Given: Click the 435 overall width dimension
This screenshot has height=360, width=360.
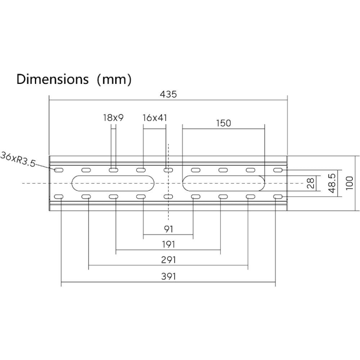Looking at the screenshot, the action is point(168,94).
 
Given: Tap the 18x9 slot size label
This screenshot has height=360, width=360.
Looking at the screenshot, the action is point(113,118).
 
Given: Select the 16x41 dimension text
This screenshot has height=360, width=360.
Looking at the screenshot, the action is point(154,118).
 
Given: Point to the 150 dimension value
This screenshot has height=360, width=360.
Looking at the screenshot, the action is point(223,123).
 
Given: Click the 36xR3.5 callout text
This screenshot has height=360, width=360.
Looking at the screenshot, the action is point(18,159).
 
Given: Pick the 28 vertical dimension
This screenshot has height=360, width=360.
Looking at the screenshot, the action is point(311,183).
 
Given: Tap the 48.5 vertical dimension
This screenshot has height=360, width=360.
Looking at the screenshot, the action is point(332,183).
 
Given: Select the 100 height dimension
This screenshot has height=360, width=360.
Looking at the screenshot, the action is point(349,183).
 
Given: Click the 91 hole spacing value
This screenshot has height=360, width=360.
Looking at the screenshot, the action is point(168,229).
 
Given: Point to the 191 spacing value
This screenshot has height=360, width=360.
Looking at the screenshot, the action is point(169,244).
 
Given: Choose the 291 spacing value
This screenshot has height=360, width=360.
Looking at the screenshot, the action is point(169,260).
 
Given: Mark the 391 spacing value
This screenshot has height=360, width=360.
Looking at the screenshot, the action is point(169,277).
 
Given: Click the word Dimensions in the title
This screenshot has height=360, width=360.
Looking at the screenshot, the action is point(52,79).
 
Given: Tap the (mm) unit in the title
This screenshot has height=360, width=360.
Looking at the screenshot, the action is point(114,80).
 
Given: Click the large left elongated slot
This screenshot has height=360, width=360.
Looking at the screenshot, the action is point(113,183).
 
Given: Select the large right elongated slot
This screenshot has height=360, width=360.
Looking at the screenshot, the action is point(224,183).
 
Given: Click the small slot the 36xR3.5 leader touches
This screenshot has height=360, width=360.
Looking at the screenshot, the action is point(59,170).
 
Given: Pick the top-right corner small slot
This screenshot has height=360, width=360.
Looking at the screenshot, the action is point(278,170).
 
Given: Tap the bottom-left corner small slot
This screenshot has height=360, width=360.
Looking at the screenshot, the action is point(59,197).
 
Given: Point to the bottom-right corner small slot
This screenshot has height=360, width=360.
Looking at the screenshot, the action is point(278,197).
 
